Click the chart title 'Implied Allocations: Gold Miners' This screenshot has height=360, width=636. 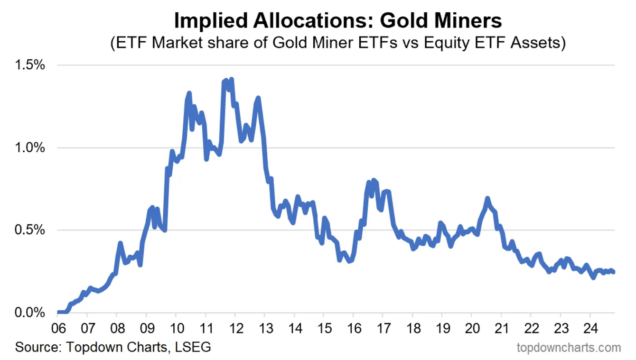[337, 21]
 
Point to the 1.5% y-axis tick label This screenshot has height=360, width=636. [30, 65]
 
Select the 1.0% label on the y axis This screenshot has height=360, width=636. [30, 148]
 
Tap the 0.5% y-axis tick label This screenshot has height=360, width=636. [30, 230]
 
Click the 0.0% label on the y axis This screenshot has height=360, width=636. [30, 313]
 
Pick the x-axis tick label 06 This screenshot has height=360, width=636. [57, 328]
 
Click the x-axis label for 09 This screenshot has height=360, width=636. [146, 328]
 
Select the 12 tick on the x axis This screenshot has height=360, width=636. [235, 328]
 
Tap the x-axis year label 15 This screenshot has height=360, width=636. [323, 328]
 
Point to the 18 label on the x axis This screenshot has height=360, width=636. [412, 328]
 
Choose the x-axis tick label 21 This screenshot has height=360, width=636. [501, 328]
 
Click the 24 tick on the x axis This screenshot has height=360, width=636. [589, 328]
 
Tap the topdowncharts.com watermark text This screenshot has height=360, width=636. [568, 348]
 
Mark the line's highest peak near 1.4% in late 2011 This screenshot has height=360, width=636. [231, 79]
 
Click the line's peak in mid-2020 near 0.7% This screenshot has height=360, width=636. [487, 198]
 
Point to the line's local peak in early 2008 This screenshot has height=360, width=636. [120, 243]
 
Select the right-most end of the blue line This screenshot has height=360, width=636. [614, 272]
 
